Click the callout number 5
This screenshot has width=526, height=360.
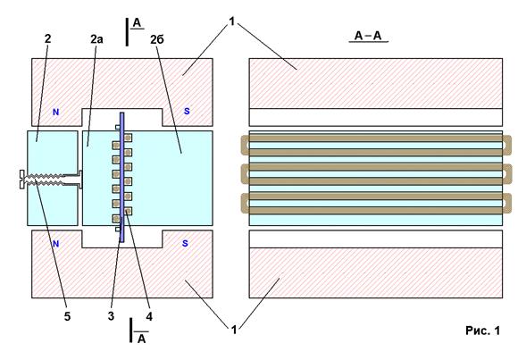[68, 316]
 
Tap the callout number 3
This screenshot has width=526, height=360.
[111, 316]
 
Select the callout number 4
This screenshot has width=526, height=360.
[149, 316]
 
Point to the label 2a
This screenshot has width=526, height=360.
[96, 39]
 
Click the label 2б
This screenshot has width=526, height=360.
[157, 39]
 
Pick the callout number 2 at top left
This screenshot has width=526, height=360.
[47, 38]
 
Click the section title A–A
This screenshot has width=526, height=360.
[368, 36]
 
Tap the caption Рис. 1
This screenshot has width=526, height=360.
[483, 331]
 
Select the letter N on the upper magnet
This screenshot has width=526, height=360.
[55, 112]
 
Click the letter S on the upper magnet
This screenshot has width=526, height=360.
[187, 111]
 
